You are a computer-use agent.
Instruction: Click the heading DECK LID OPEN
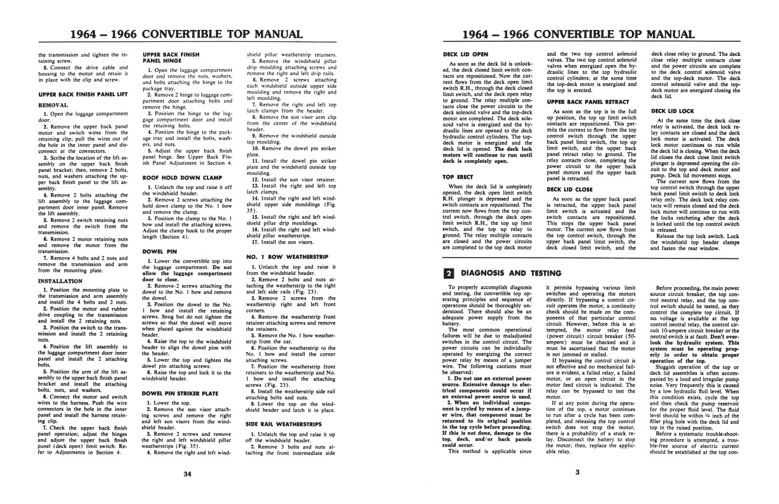(465, 55)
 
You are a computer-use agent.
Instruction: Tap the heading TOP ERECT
(458, 176)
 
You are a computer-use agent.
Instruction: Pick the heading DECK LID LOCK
(668, 111)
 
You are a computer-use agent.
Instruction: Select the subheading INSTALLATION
(59, 279)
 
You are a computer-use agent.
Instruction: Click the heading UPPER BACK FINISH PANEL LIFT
(80, 94)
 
